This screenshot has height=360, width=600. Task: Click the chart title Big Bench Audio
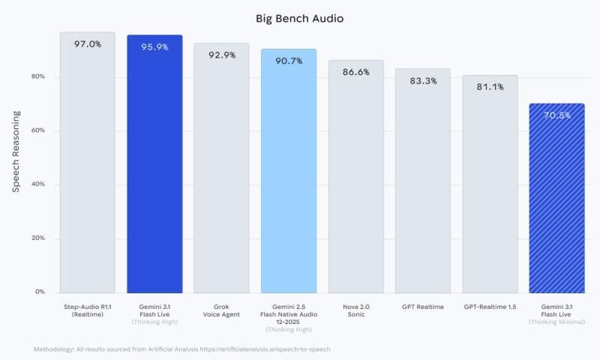(x=299, y=18)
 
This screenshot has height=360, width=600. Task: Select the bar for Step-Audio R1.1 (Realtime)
(x=87, y=165)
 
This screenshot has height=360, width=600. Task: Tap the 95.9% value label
(x=154, y=46)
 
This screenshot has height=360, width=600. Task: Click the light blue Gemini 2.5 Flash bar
(x=289, y=172)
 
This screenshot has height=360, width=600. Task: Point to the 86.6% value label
(x=355, y=72)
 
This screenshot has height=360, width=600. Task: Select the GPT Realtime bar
(x=423, y=180)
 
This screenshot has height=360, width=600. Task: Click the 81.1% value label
(x=490, y=86)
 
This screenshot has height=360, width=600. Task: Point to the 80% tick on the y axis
(x=37, y=77)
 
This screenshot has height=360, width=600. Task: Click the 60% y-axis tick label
(x=37, y=130)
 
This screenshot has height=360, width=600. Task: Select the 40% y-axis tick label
(x=37, y=184)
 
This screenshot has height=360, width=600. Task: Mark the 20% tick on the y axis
(x=37, y=238)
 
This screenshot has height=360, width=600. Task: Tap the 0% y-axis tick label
(x=40, y=292)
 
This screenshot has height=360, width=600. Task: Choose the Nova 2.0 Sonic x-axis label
(x=355, y=310)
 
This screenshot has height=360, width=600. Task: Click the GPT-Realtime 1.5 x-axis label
(x=490, y=307)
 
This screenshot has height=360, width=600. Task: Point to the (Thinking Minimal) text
(x=556, y=322)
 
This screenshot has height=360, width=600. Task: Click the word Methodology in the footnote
(x=54, y=349)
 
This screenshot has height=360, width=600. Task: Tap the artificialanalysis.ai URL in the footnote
(x=273, y=349)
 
